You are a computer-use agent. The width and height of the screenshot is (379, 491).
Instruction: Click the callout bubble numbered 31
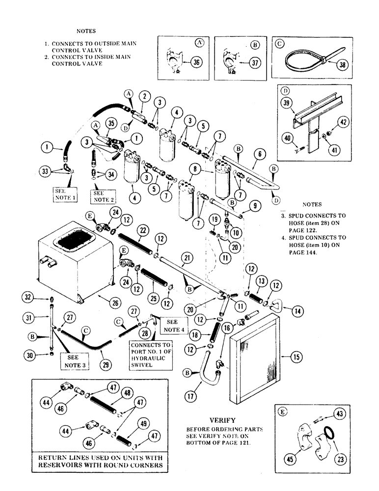(30, 318)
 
